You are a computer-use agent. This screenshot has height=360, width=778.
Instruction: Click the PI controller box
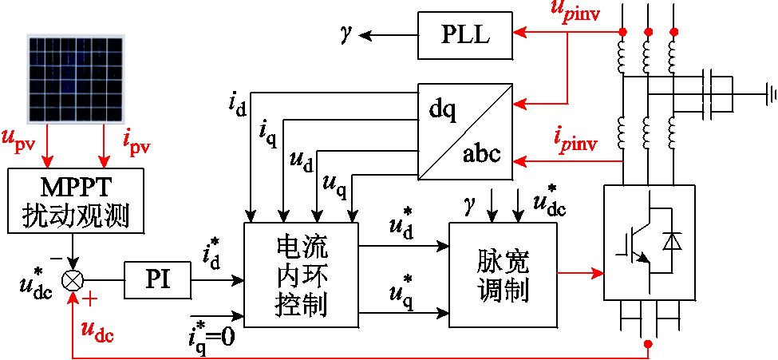[157, 280]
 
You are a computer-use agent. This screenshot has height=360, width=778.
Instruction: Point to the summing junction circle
[73, 280]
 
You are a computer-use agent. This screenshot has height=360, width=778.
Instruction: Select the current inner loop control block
[302, 275]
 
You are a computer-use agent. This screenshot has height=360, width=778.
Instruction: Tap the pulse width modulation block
[503, 275]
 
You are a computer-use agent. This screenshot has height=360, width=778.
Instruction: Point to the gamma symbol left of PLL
[346, 34]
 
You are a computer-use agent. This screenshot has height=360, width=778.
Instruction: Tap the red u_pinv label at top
[581, 11]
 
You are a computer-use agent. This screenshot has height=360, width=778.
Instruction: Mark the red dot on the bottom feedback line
[648, 344]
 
